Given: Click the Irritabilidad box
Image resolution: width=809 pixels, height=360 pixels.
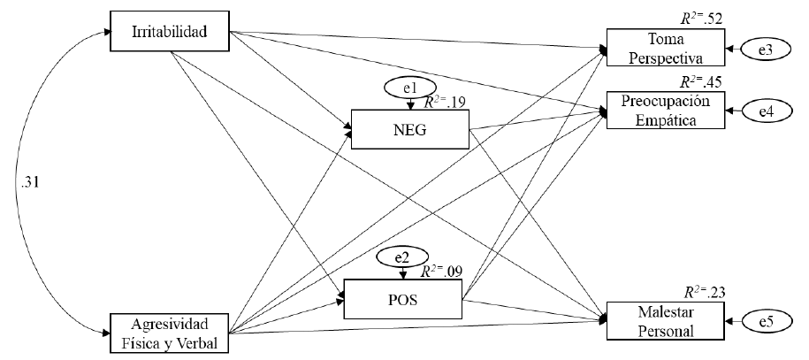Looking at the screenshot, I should [x=168, y=33].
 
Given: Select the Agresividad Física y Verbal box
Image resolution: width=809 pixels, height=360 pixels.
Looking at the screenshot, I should [x=168, y=333].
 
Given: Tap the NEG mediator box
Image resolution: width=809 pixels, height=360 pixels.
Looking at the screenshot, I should [x=410, y=130].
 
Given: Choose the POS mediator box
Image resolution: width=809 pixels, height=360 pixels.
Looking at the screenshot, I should [x=403, y=298].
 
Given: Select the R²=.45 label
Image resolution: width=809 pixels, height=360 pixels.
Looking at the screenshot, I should [x=701, y=81].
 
